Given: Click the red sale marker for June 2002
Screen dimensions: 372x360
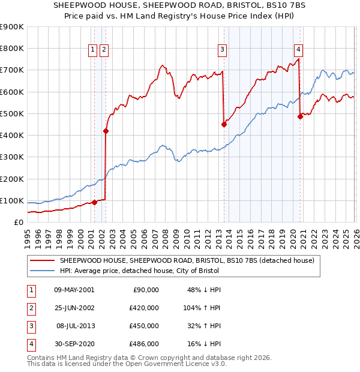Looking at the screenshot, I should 106,131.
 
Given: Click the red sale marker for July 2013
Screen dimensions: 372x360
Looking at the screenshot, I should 224,124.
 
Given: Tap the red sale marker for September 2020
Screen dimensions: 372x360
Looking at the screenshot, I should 301,116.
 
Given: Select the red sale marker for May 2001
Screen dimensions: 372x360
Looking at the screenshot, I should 94,202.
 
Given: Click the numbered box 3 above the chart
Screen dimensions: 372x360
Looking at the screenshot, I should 222,50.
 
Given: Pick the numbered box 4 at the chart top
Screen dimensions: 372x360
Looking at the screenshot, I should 298,50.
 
